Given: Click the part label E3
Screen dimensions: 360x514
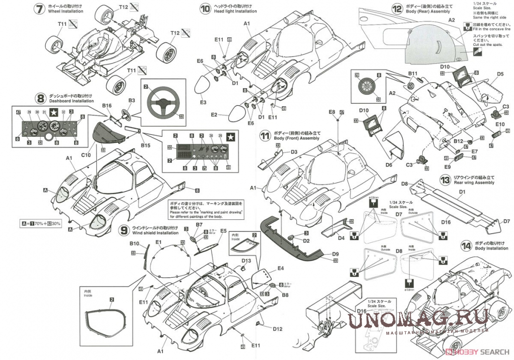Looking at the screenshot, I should pos(203,102).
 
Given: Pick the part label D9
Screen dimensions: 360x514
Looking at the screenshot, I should pos(336,254).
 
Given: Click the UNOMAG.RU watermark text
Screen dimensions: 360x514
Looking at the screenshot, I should pos(418,318).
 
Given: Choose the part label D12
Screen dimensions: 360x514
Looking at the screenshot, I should pos(277,329).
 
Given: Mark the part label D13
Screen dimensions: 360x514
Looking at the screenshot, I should pos(246,261).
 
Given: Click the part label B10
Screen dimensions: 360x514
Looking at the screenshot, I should pos(134,244).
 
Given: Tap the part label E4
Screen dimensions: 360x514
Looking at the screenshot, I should pos(280,268).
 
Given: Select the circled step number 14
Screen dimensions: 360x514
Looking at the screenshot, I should pos(466,245).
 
